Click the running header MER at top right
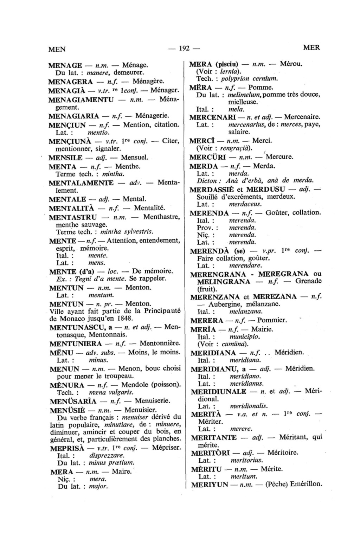pos(311,48)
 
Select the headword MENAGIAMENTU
pos(81,100)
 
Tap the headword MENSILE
pos(65,157)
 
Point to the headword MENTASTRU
pos(73,217)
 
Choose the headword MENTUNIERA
pos(76,344)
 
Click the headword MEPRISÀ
pos(67,448)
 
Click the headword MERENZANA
pos(214,297)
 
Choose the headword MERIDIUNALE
pos(218,391)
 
